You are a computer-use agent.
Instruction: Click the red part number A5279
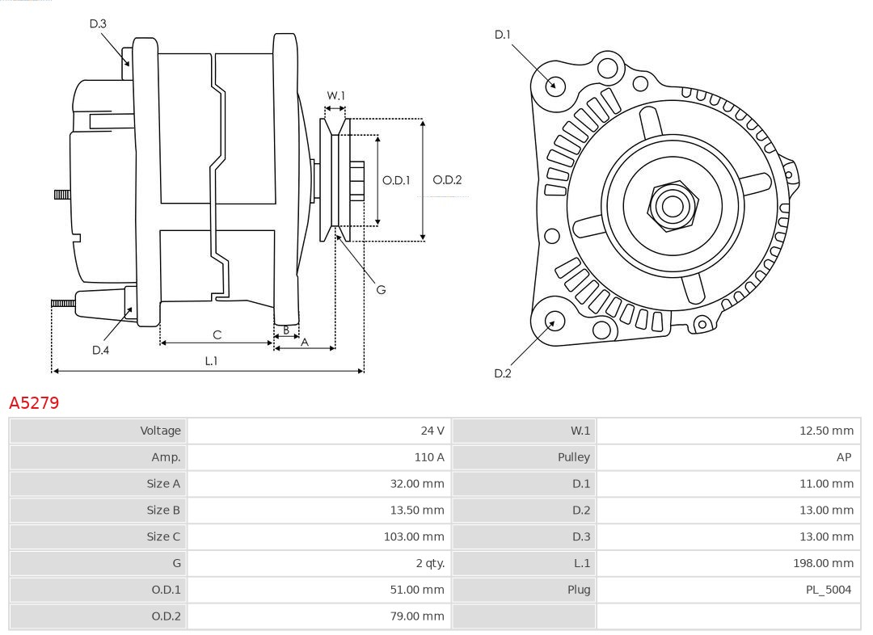coord(34,402)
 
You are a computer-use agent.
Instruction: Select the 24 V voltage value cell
coord(432,431)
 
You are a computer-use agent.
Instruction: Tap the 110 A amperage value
coord(429,457)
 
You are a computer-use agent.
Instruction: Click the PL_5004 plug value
coord(829,590)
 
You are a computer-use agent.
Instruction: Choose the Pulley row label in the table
coord(574,457)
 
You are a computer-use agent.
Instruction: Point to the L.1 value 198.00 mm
coord(823,563)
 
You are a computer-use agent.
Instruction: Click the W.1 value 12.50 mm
coord(826,431)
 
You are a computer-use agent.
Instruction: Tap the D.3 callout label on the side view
coord(98,24)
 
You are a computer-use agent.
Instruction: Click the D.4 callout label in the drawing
coord(100,350)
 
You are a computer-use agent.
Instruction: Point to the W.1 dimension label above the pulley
coord(335,96)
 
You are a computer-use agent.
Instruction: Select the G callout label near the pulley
coord(381,289)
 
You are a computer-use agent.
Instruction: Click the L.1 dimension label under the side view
coord(210,361)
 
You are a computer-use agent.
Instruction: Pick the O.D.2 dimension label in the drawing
coord(447,180)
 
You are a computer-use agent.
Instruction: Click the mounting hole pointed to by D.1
coord(555,85)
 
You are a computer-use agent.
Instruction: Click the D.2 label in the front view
coord(503,373)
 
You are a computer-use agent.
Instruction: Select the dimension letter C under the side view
coord(217,334)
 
